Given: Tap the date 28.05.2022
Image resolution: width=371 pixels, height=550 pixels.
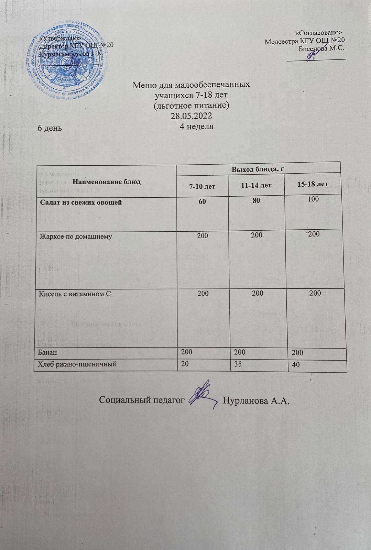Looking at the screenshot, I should coord(191,115).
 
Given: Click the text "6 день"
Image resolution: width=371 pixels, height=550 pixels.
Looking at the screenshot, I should coord(50,128).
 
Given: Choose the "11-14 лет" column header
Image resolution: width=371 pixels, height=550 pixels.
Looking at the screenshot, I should coord(257,185).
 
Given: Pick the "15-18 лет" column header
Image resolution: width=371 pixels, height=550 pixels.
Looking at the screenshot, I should coord(312,184).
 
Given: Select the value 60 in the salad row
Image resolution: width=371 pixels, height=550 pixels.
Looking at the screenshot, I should coord(202,201).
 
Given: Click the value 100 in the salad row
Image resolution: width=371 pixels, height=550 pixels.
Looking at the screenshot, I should coord(313,199).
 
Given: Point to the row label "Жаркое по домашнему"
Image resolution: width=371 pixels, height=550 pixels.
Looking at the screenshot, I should coord(76,236).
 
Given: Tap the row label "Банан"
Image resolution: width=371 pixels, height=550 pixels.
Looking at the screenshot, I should coord(48,352).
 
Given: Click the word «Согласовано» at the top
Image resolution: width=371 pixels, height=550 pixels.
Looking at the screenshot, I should coord(320,33).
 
